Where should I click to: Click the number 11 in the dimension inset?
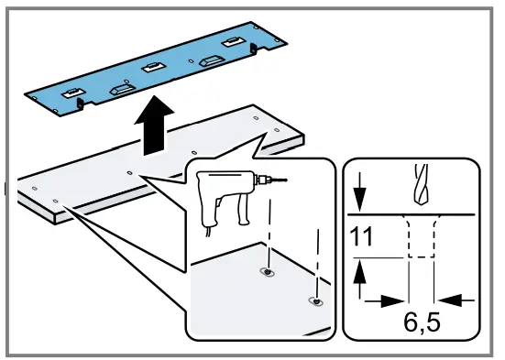[363, 241]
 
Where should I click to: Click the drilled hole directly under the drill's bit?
[267, 272]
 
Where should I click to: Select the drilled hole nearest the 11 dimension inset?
[316, 301]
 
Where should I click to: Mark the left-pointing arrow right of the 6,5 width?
[454, 300]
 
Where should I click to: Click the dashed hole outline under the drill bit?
[421, 240]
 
